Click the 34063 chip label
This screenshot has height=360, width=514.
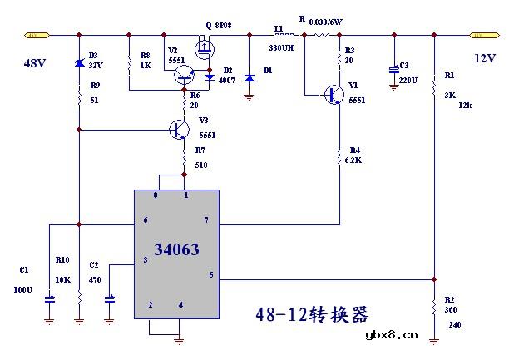(177, 249)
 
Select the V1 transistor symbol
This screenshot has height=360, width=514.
(334, 94)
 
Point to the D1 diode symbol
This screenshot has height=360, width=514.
(249, 77)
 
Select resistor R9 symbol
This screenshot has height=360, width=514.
(79, 98)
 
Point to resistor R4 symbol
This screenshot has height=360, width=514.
(339, 155)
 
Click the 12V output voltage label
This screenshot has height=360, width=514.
(485, 58)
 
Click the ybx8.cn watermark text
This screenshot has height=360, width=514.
(391, 335)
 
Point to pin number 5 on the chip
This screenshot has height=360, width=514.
(210, 274)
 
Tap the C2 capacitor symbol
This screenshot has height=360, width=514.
(109, 298)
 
